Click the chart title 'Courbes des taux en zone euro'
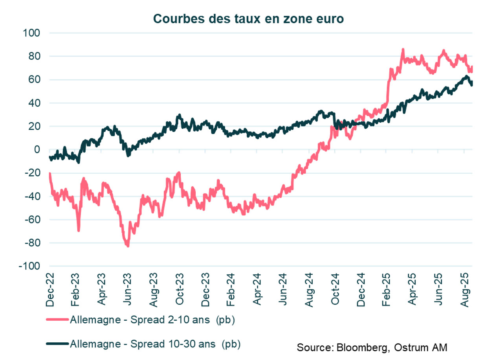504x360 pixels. coord(248,18)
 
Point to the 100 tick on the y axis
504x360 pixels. coord(33,33)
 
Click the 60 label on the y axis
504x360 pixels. coord(35,80)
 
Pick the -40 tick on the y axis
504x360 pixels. coord(33,197)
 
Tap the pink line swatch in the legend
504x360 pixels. coord(57,320)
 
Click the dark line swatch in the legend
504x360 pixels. coord(57,344)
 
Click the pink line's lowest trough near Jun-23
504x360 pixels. coord(128,246)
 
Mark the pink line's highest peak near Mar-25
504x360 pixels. coord(403,50)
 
